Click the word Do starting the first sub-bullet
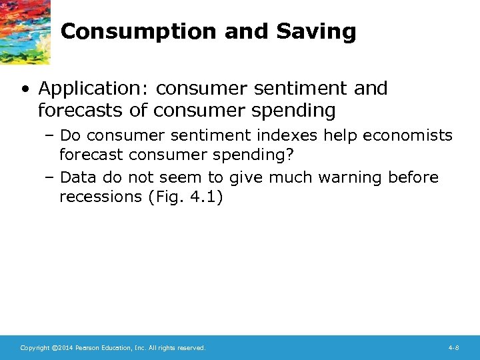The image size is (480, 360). coord(71,136)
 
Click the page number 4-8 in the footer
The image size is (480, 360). coord(453,348)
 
